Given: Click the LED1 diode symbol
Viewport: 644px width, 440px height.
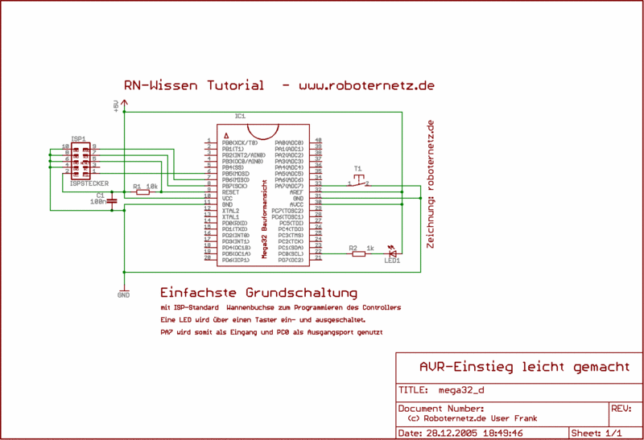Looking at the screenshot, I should click(392, 250).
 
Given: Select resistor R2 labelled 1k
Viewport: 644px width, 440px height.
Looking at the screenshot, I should click(358, 253).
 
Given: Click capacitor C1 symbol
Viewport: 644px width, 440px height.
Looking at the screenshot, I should click(111, 200).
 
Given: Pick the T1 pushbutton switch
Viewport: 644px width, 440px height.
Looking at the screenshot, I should click(359, 180).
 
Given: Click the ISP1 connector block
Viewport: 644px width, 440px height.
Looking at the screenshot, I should click(80, 158).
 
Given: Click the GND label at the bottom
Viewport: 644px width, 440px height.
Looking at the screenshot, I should click(123, 294).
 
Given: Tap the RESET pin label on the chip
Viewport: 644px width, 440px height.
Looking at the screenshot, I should click(231, 192).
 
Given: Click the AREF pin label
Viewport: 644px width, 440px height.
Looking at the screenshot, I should click(295, 192).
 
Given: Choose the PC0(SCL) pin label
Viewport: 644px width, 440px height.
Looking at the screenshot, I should click(290, 253).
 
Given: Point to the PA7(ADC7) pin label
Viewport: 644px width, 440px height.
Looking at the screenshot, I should click(289, 186).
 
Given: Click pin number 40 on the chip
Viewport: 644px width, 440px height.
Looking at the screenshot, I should click(319, 141).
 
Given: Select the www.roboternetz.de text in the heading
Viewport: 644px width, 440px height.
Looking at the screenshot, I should click(366, 84).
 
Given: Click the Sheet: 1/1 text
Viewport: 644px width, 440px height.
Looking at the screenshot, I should click(597, 432).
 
